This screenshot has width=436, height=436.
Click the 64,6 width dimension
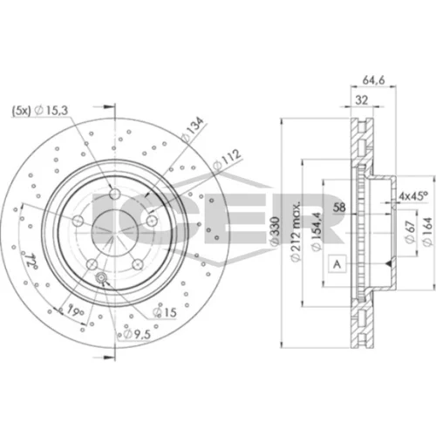click(373, 80)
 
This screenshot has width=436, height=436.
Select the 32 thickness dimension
click(362, 100)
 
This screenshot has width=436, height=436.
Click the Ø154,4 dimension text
click(316, 231)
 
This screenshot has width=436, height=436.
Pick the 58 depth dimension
click(339, 208)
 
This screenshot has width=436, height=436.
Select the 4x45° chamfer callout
click(413, 195)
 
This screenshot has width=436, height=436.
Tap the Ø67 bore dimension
click(409, 232)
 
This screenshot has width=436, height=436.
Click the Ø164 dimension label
click(428, 232)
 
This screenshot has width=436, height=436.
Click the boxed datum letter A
click(337, 264)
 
